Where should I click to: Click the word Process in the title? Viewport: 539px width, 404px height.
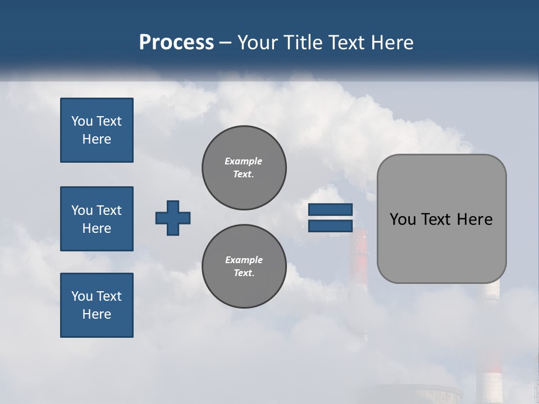(x=176, y=43)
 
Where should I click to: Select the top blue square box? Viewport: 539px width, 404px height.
(x=97, y=130)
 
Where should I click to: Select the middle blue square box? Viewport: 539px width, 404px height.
(x=97, y=219)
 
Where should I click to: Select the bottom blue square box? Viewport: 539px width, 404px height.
(x=97, y=305)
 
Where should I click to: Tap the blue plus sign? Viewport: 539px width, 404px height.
(x=173, y=218)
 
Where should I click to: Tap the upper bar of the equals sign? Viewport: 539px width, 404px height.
(x=330, y=209)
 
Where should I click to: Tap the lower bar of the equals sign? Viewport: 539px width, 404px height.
(x=330, y=226)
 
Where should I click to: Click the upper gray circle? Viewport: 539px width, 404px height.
(x=244, y=167)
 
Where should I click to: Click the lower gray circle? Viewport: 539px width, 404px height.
(x=244, y=266)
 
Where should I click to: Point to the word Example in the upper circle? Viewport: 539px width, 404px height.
(x=244, y=161)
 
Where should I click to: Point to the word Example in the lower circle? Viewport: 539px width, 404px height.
(x=244, y=260)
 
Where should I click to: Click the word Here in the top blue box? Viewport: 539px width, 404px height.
(x=97, y=139)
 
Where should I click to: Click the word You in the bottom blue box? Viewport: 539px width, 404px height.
(x=81, y=296)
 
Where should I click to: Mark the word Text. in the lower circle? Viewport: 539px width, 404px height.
(x=244, y=273)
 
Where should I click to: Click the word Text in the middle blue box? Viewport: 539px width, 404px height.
(x=108, y=210)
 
